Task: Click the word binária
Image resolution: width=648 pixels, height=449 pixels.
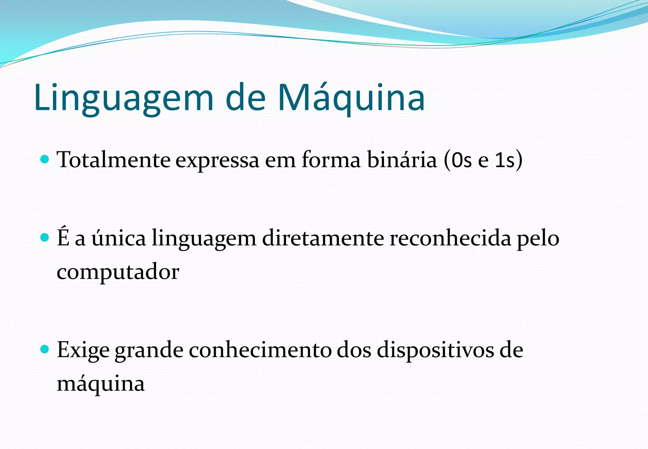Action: click(402, 160)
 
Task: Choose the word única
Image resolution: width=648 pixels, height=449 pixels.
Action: click(119, 238)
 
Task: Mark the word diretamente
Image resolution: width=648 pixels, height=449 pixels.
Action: click(323, 238)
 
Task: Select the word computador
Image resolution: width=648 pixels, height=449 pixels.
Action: click(118, 272)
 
